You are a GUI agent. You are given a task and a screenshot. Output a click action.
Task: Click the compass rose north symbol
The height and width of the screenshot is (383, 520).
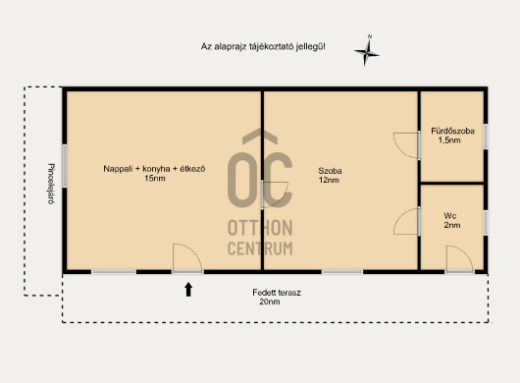pos(367,51)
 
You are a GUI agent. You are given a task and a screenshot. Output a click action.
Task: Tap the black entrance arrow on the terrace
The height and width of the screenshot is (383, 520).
pos(188,290)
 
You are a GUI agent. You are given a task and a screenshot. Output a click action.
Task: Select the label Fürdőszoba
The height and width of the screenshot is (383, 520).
pos(452,131)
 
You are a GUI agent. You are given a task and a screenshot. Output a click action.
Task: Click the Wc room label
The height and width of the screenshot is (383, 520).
pos(450,216)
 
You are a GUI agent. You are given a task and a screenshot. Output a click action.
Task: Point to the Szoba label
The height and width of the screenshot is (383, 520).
pos(330,171)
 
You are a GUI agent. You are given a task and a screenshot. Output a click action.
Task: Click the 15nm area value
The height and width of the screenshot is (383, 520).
pos(155,178)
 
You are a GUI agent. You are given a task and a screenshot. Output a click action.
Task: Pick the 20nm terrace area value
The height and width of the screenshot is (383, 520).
pos(270,301)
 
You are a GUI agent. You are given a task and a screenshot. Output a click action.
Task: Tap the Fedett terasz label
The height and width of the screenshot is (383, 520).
pos(277,293)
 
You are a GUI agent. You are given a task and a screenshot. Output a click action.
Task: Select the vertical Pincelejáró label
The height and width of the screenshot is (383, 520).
pos(51,184)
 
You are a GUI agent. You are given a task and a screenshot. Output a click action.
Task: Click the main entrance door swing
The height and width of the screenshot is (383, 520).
pos(187,258)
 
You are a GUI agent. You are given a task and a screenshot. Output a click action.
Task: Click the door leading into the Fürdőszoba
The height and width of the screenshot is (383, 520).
pos(406,145)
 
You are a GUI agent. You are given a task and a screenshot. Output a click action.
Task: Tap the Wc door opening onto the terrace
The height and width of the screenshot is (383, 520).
pos(459,259)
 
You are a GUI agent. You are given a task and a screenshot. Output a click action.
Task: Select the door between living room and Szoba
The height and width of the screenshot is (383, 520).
pos(275,194)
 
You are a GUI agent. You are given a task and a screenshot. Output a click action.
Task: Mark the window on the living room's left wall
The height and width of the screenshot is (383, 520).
pos(64,165)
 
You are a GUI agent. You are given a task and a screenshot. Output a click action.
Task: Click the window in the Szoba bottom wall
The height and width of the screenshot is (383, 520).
pos(342,272)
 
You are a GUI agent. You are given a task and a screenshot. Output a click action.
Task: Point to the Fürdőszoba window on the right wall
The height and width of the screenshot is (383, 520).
pos(486,137)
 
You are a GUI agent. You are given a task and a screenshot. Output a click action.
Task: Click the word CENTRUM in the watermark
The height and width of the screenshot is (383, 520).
pos(260,248)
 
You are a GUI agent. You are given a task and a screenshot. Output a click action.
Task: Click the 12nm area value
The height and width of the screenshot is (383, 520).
pos(329,180)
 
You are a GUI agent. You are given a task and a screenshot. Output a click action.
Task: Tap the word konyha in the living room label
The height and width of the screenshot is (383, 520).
pos(156,169)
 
